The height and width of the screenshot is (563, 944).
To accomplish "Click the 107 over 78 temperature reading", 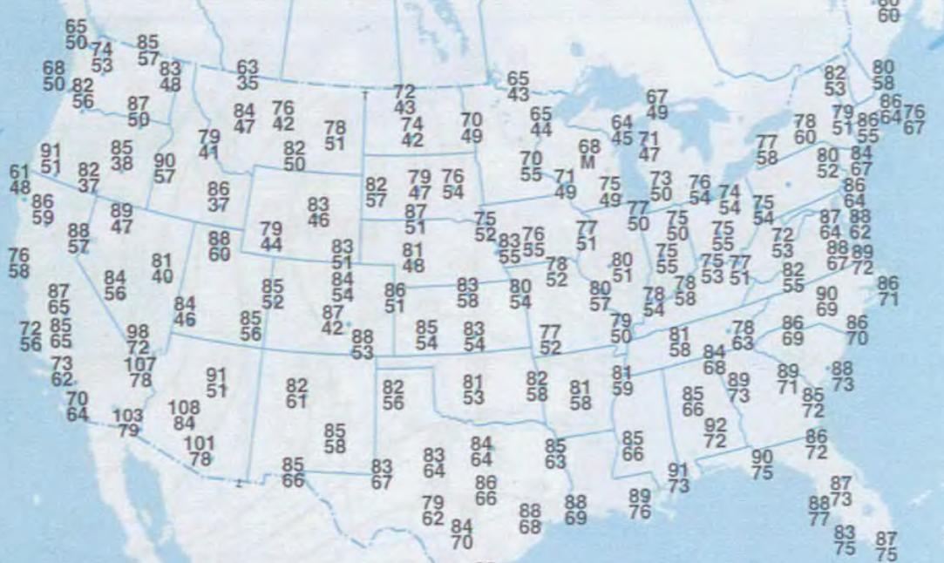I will tap(140, 371).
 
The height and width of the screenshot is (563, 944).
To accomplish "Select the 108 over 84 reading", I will tap(183, 415).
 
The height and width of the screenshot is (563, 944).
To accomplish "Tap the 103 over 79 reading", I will tap(128, 423).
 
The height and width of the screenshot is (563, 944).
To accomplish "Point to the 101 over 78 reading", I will tap(200, 451).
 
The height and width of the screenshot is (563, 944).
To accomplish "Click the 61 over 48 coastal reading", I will tap(19, 178).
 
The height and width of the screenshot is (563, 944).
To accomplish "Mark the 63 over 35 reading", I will tap(248, 76).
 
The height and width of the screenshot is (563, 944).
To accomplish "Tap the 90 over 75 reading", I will tap(762, 465).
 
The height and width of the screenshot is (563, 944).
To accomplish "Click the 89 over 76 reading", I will tap(640, 504).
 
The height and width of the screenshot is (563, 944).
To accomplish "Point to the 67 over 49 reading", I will tap(657, 105).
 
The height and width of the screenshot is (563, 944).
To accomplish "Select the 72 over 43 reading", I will tap(404, 99).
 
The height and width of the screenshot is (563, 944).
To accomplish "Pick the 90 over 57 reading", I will tap(165, 168).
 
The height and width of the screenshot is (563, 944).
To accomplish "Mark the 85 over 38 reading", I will tap(122, 155).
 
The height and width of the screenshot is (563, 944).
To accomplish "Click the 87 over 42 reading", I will tap(332, 320).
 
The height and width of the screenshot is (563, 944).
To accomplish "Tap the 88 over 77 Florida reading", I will tap(818, 512).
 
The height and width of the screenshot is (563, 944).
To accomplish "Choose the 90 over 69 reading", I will tap(826, 301).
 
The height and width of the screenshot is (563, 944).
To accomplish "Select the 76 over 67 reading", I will tap(913, 119).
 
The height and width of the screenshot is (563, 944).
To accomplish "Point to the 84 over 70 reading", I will tap(462, 534).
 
